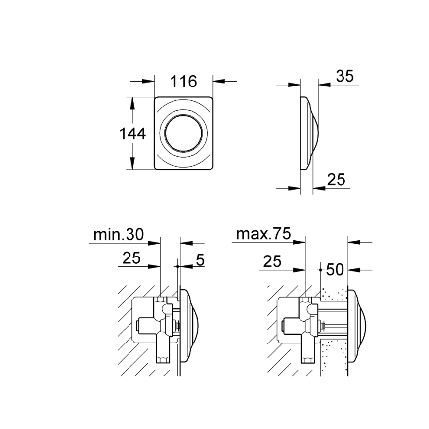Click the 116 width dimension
(183, 82)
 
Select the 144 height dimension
(133, 133)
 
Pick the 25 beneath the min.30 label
(130, 257)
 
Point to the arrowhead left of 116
(148, 82)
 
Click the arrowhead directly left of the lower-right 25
(319, 188)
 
